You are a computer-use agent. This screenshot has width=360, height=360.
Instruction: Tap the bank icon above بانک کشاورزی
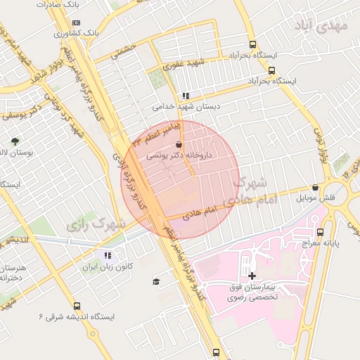coord(76,22)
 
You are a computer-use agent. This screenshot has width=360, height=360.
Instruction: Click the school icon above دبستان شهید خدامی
coord(185,96)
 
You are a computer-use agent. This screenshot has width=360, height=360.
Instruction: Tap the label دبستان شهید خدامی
coord(185,107)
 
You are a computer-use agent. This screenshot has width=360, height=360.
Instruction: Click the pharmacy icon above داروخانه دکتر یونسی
coord(178,145)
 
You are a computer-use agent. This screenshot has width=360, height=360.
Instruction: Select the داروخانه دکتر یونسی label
coord(178,156)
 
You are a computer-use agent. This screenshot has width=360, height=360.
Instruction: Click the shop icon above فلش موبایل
coord(314,188)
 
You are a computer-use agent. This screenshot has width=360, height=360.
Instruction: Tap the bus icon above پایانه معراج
coord(321,232)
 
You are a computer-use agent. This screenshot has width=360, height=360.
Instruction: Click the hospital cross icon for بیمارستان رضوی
coord(252,275)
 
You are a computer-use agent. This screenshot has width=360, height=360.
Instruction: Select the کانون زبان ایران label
coord(107,267)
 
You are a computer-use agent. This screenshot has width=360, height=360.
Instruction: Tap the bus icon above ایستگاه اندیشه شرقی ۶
coord(77,306)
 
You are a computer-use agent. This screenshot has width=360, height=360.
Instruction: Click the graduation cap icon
coord(156,281)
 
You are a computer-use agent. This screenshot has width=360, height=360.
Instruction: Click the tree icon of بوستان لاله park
coord(15,141)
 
